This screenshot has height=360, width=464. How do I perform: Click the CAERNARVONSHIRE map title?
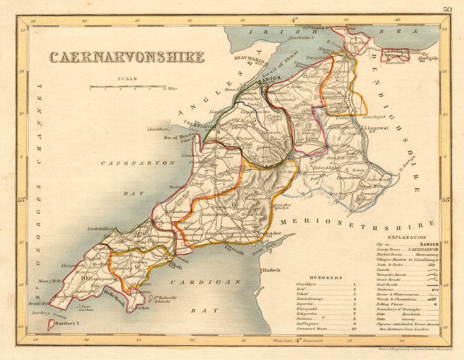(127, 57)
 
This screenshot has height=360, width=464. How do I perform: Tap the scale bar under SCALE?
(128, 87)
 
